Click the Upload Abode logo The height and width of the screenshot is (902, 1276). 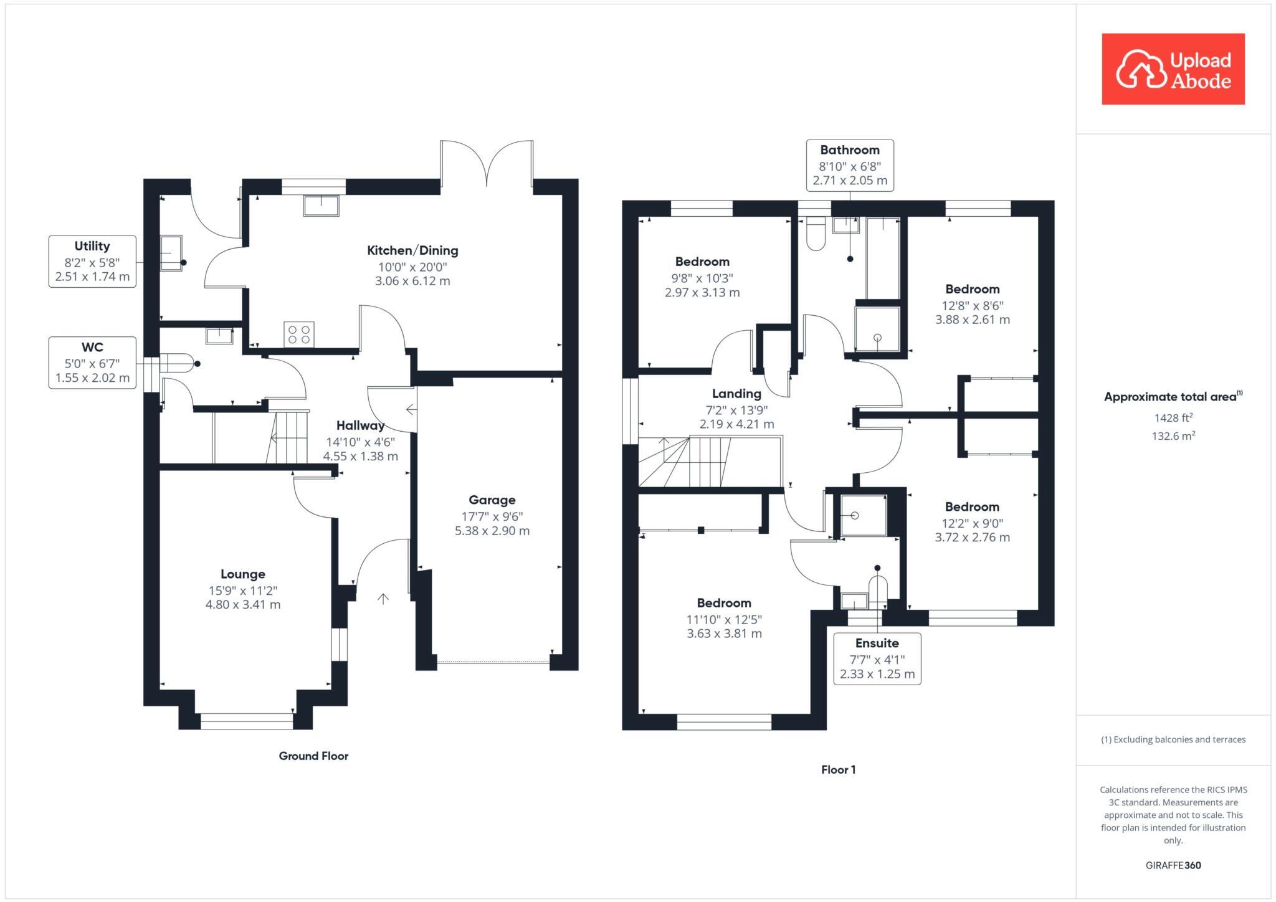click(1173, 69)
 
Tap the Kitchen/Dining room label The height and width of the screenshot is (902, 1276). click(412, 250)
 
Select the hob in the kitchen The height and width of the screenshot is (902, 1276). click(298, 334)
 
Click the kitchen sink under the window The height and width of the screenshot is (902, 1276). click(321, 205)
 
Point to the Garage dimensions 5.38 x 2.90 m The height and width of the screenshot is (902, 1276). click(492, 531)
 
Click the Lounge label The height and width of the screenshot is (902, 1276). click(243, 574)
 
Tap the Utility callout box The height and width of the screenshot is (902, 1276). click(92, 261)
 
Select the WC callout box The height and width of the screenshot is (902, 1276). click(92, 363)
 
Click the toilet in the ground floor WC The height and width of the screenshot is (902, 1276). click(177, 363)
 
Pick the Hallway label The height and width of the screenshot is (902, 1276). click(360, 425)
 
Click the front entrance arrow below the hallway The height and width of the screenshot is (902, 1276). click(383, 599)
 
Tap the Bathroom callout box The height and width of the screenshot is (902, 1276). click(850, 165)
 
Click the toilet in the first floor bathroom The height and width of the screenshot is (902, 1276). click(814, 233)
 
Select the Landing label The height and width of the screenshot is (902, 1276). click(736, 394)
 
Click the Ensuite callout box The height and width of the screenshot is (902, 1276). click(877, 658)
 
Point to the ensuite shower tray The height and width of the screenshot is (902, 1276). click(863, 515)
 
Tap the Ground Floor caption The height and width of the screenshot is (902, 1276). click(313, 756)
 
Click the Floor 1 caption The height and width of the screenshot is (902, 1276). click(838, 770)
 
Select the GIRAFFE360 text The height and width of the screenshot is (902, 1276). click(1173, 865)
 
